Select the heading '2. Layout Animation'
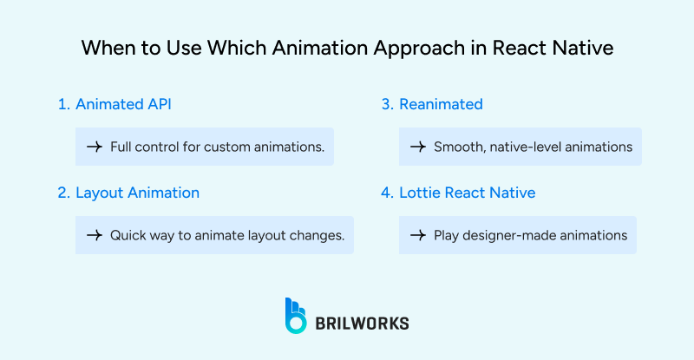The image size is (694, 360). tap(128, 193)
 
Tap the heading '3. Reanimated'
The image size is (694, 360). tap(432, 104)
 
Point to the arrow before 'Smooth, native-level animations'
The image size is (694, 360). tap(417, 147)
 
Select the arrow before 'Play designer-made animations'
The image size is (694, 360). tap(417, 235)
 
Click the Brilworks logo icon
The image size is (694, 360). tap(296, 316)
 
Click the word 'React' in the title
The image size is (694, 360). tap(517, 49)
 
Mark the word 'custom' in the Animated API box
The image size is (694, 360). tap(229, 147)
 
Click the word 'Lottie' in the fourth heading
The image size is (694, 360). tap(419, 193)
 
